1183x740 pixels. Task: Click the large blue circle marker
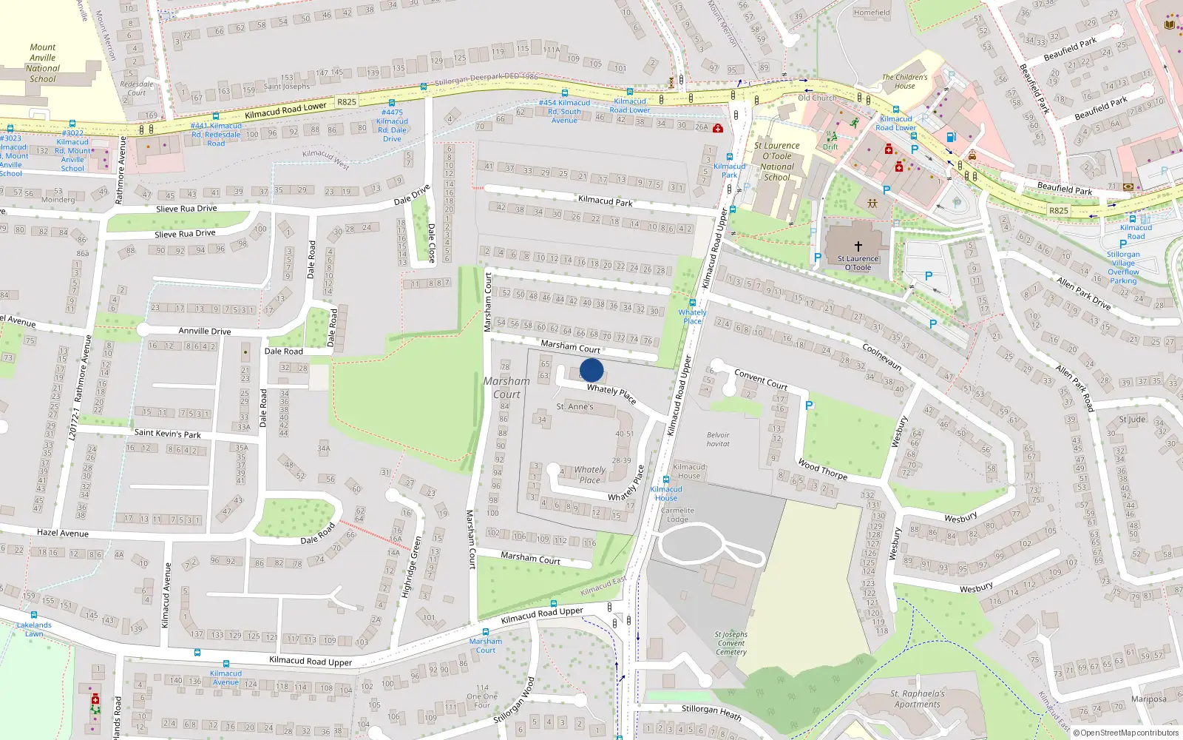click(x=591, y=370)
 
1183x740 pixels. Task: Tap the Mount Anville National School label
click(x=43, y=63)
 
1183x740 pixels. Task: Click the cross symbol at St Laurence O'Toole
click(x=858, y=246)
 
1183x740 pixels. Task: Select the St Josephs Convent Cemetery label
click(x=731, y=643)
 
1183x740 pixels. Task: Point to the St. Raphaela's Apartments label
click(x=917, y=699)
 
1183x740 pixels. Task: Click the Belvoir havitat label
click(x=718, y=440)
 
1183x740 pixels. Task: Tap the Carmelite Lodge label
click(x=677, y=514)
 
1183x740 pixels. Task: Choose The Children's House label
click(x=904, y=81)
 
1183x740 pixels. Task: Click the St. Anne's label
click(x=574, y=406)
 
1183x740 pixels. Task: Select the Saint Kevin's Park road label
click(x=167, y=434)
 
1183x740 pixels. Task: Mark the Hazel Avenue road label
click(x=63, y=533)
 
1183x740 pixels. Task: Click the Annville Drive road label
click(x=204, y=331)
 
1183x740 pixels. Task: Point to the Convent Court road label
click(x=761, y=380)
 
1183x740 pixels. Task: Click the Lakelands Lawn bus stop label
click(x=34, y=629)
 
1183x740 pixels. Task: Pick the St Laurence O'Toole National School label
click(x=777, y=161)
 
